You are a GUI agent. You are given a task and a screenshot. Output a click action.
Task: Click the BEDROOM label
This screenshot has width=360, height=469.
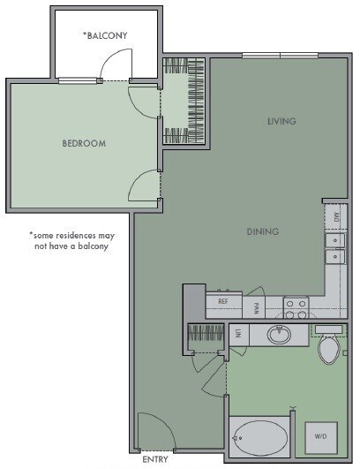[x=84, y=143]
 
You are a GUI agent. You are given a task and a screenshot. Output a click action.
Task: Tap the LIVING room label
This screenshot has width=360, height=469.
[x=281, y=121]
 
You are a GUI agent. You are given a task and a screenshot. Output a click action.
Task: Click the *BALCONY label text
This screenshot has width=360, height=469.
[x=105, y=35]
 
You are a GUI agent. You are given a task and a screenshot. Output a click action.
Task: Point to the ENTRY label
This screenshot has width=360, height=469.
[x=154, y=459]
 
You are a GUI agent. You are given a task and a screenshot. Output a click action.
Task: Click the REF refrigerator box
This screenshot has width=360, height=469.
[x=223, y=302]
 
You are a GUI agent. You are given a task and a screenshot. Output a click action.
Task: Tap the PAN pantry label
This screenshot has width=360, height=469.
[x=255, y=307]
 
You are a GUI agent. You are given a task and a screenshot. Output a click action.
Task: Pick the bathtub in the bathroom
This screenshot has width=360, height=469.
[x=259, y=437]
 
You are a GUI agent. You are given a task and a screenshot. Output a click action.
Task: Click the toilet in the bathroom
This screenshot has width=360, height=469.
[x=328, y=348]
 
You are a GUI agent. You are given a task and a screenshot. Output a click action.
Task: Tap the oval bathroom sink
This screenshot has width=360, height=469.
[x=279, y=335]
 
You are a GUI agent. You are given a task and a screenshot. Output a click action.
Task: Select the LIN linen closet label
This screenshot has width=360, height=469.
[x=236, y=335]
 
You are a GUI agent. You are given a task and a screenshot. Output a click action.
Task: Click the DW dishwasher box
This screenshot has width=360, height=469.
[x=335, y=215]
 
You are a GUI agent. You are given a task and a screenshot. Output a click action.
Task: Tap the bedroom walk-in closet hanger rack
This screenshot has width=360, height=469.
[x=185, y=102]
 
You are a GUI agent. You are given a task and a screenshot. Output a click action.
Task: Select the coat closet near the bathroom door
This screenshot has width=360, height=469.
[x=205, y=336]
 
